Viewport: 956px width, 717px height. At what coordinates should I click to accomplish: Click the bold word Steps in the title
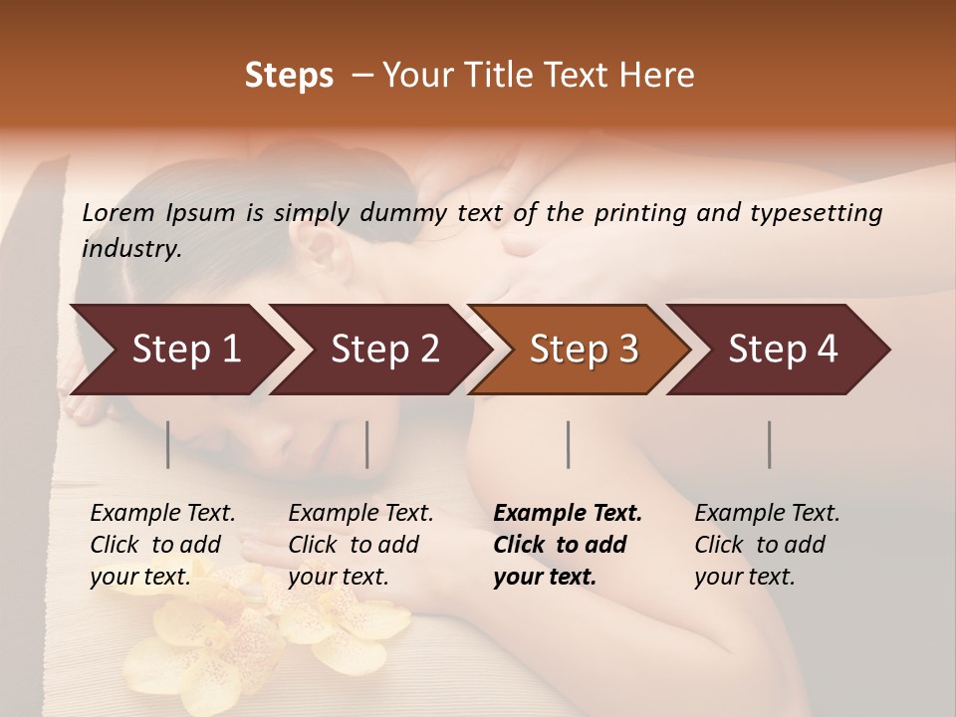(289, 76)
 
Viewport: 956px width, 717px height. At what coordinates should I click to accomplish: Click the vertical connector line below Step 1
(168, 444)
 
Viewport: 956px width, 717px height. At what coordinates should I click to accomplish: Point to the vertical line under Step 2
(367, 444)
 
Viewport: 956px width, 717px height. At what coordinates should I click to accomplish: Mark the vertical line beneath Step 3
(569, 444)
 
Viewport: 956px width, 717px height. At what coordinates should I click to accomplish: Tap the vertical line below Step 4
(770, 444)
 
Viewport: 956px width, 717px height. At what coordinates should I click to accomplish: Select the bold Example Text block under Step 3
(568, 545)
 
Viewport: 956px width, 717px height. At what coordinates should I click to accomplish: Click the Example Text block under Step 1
(162, 545)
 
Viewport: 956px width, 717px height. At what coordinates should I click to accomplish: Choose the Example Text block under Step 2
(360, 545)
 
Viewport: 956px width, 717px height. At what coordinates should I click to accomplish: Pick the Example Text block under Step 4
(767, 545)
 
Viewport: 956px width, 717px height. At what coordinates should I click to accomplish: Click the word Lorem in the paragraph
(119, 213)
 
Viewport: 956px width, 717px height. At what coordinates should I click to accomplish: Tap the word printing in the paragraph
(638, 213)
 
